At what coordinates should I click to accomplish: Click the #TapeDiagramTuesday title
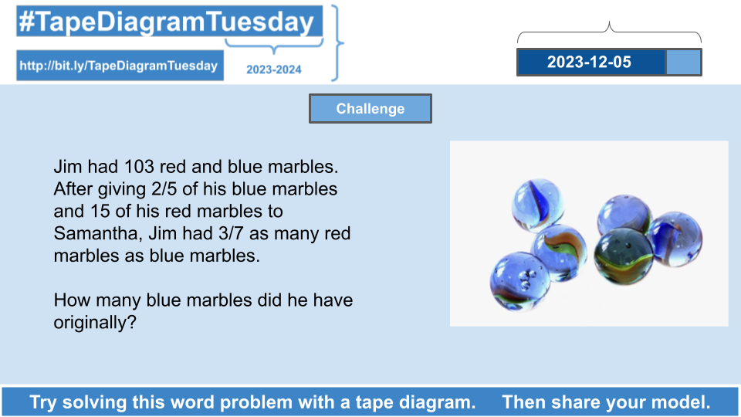[167, 22]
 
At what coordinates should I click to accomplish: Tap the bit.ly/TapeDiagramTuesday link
[119, 65]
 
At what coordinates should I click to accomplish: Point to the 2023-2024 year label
[273, 69]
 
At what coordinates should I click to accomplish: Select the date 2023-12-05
[589, 62]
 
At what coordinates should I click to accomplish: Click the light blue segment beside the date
[683, 63]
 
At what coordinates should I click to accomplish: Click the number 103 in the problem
[139, 167]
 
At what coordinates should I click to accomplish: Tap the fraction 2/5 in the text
[164, 189]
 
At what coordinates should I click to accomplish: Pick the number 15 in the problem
[100, 211]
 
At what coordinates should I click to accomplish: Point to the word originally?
[94, 324]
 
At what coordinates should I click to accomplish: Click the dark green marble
[624, 256]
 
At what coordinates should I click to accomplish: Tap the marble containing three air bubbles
[519, 281]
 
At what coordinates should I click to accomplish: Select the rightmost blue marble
[674, 239]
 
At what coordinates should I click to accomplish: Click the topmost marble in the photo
[538, 205]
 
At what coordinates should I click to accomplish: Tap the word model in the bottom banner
[681, 402]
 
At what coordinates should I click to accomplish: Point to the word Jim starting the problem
[68, 167]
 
